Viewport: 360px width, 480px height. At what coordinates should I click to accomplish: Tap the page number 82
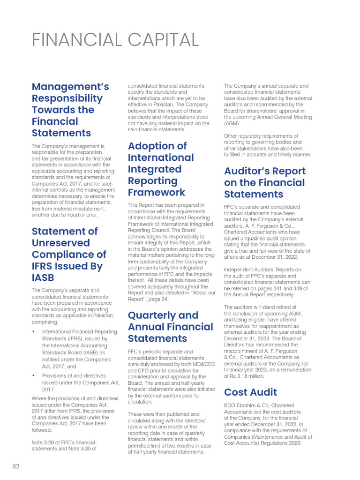(x=16, y=466)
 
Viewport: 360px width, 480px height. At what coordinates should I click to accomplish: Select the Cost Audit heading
(x=250, y=392)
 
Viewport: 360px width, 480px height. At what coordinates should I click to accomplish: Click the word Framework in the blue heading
(x=157, y=192)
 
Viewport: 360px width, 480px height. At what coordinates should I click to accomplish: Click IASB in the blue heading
(x=43, y=277)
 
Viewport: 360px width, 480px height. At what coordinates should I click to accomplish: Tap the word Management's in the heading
(x=70, y=87)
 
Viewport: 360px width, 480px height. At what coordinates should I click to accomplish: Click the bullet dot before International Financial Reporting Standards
(x=34, y=332)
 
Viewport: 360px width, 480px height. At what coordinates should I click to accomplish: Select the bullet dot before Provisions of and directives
(x=34, y=376)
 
